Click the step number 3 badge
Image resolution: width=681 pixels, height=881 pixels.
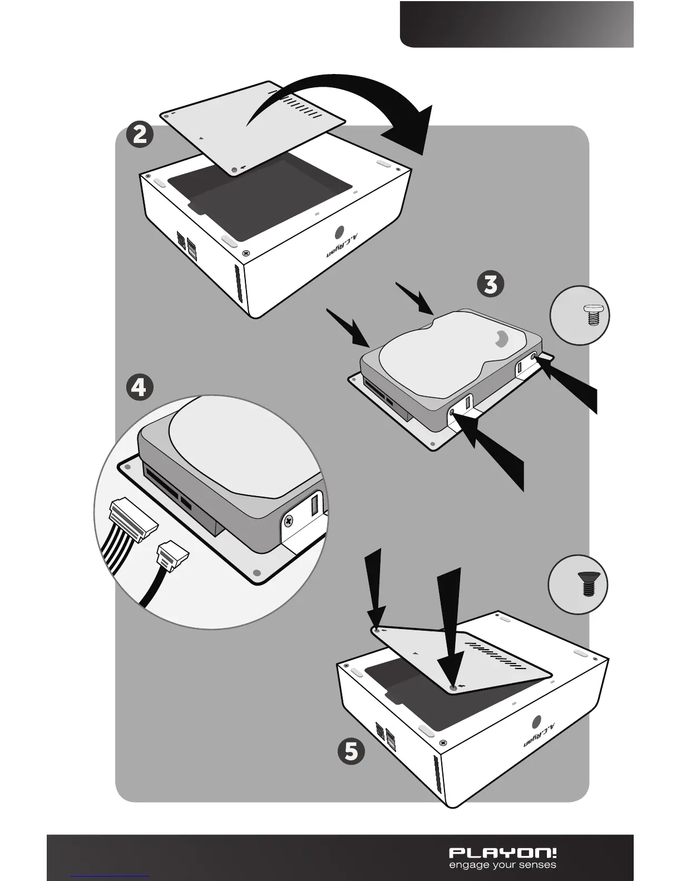491,284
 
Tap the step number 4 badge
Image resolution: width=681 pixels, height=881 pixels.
139,387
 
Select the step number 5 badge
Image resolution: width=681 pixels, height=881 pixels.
352,751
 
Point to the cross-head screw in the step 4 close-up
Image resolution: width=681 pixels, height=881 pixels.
289,521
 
